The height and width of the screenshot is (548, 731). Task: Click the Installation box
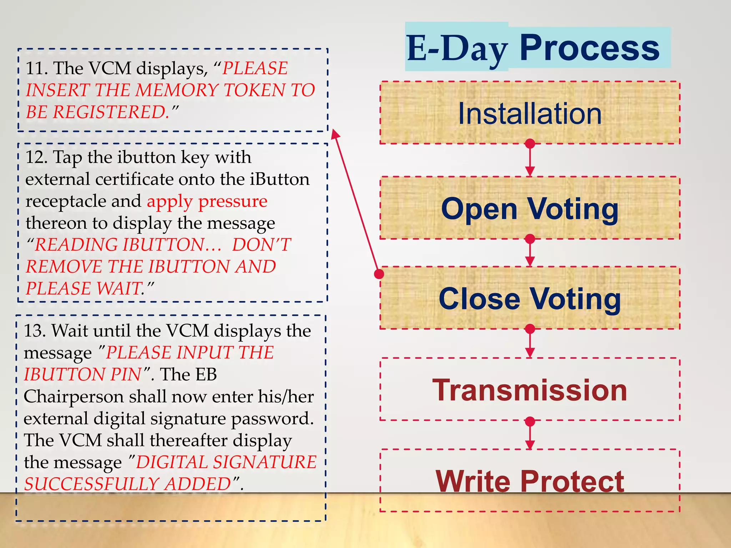530,113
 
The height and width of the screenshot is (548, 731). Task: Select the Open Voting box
530,208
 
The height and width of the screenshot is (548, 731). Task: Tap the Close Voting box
530,298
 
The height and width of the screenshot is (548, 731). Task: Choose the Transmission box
530,389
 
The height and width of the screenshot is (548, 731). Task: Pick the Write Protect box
530,481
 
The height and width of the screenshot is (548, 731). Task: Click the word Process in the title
589,47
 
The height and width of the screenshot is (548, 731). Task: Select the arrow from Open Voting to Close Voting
530,252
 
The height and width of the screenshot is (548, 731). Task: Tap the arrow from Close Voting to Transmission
530,343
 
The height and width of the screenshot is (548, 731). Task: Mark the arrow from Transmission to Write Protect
530,435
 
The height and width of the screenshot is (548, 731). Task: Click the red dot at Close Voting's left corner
379,274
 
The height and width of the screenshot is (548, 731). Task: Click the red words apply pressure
207,201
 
